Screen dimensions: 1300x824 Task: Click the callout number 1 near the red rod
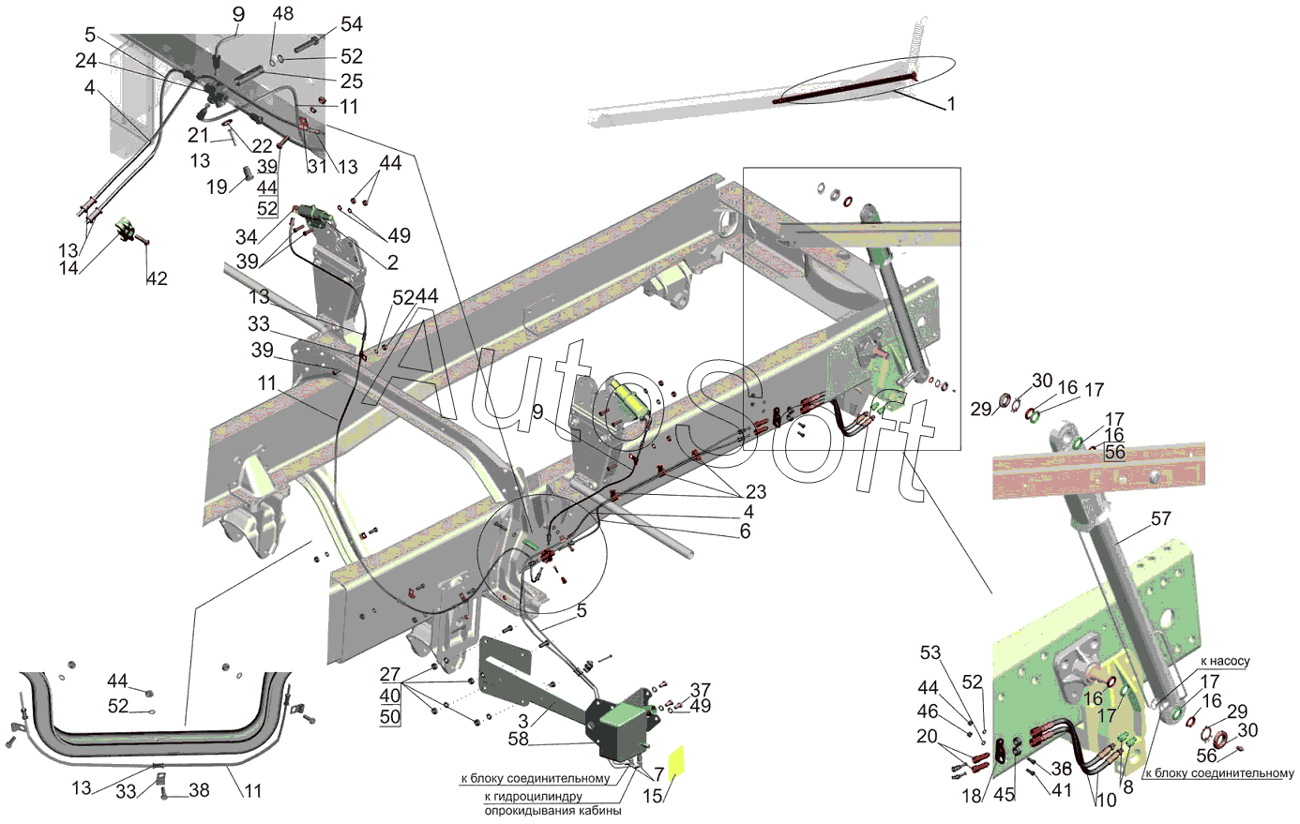click(x=951, y=104)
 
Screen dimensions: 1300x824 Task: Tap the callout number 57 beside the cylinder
click(x=1161, y=518)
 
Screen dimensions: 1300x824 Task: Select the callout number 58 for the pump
click(x=519, y=739)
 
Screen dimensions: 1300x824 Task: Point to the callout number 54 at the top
click(x=352, y=24)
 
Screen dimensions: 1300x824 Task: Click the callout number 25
click(x=352, y=82)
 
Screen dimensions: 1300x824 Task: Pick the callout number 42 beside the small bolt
click(x=157, y=279)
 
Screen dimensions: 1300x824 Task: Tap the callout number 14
click(x=68, y=268)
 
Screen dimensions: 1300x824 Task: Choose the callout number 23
click(x=756, y=492)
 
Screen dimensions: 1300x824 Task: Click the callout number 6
click(x=745, y=532)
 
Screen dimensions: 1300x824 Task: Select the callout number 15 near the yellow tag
click(x=652, y=796)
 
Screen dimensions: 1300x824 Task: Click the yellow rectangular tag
click(x=676, y=763)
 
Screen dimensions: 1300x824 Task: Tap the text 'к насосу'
click(x=1225, y=661)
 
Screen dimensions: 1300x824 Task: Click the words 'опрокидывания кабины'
click(x=552, y=811)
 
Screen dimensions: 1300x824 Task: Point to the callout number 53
click(x=930, y=653)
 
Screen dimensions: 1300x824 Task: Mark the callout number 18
click(x=972, y=796)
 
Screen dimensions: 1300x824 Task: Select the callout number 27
click(x=390, y=674)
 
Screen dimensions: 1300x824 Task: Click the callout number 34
click(x=246, y=237)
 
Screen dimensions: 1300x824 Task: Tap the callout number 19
click(x=217, y=187)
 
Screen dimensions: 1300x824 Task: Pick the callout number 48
click(x=282, y=13)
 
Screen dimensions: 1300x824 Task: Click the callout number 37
click(x=701, y=690)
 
